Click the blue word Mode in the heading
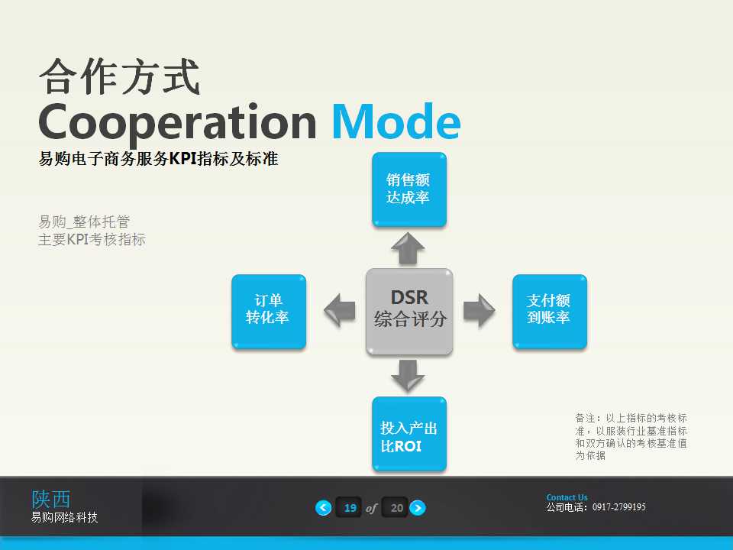[x=396, y=122]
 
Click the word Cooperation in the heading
[x=177, y=122]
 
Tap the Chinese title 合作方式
[x=119, y=77]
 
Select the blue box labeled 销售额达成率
[x=408, y=189]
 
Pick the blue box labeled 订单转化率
[x=269, y=311]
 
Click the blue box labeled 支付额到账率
[x=549, y=311]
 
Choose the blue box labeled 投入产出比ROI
[x=408, y=434]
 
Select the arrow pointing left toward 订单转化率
[x=339, y=311]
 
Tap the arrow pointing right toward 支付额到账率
[x=480, y=311]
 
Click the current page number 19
[x=350, y=508]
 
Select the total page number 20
[x=396, y=508]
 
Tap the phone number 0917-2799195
[x=619, y=507]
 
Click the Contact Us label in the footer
[x=567, y=497]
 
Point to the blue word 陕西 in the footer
[x=50, y=499]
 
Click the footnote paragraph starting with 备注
[x=631, y=436]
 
